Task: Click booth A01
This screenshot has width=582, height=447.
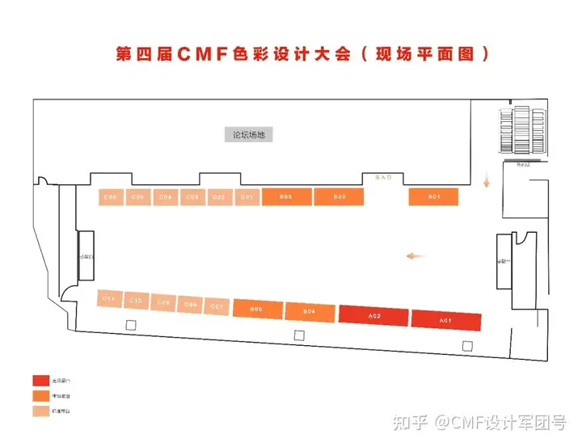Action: click(x=445, y=320)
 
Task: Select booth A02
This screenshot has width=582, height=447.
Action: click(x=374, y=316)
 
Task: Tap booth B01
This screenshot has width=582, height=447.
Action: click(x=434, y=196)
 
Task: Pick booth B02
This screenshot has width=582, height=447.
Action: click(x=339, y=196)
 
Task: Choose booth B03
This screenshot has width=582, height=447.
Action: click(x=285, y=196)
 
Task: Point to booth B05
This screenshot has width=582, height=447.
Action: click(x=257, y=309)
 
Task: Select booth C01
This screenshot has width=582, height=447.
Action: click(x=247, y=197)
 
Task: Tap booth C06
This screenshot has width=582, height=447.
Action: click(x=111, y=197)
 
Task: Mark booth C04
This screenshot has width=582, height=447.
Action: click(x=165, y=197)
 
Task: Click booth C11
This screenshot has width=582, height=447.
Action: click(x=108, y=298)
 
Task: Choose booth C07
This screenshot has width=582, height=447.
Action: click(x=217, y=306)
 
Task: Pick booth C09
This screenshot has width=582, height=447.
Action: click(x=163, y=302)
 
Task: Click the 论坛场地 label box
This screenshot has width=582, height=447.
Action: click(x=249, y=135)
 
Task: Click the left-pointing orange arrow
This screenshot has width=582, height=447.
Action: click(x=415, y=256)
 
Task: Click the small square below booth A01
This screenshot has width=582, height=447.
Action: click(x=466, y=346)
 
